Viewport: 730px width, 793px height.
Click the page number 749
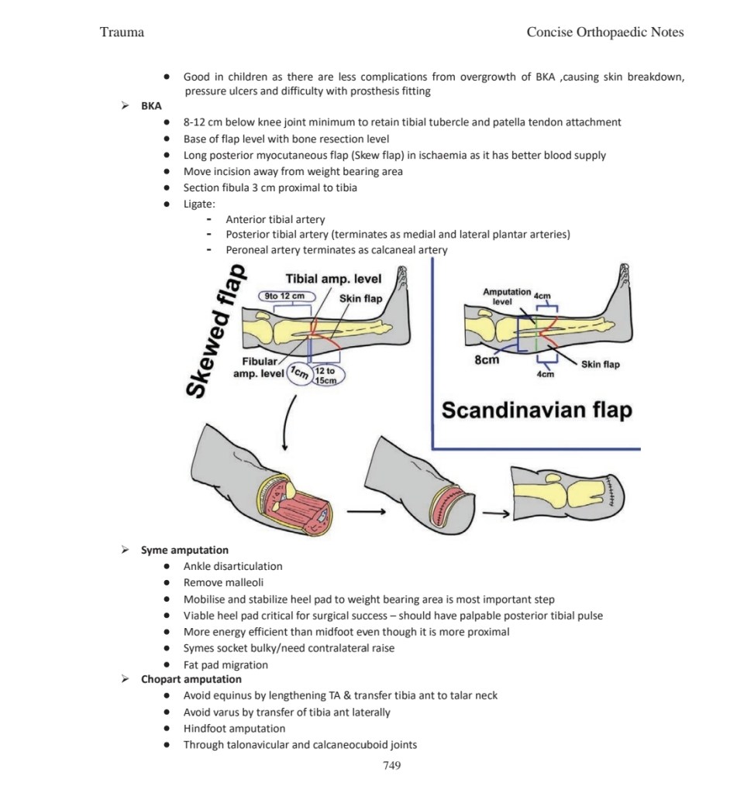coord(391,766)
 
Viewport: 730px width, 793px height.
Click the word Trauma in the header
coord(122,33)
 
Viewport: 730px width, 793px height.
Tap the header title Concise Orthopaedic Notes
coord(604,33)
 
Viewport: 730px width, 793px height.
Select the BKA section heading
coord(151,107)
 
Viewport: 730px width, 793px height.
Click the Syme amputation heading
coord(184,551)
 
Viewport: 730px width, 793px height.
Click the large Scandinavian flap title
coord(536,410)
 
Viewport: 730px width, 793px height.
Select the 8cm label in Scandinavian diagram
coord(487,359)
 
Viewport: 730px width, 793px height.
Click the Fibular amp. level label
coord(259,368)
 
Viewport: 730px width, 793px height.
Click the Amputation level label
coord(505,296)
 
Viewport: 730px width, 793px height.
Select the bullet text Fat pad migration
coord(226,664)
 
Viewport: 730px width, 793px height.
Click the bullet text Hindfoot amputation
coord(234,728)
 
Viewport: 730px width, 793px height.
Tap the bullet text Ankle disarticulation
coord(232,566)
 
